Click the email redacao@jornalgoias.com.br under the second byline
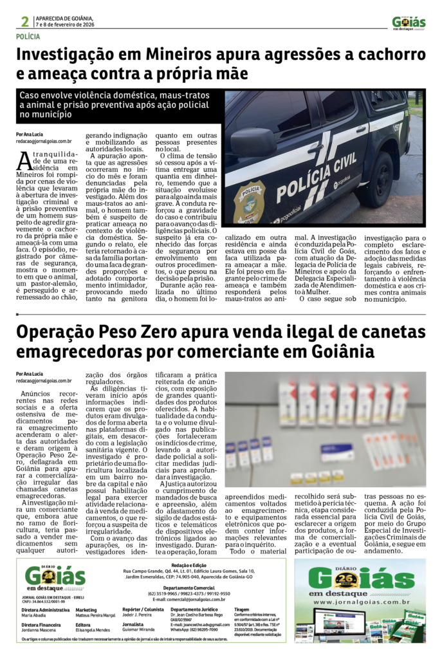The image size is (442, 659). [x=44, y=380]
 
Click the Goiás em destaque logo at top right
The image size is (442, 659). [x=409, y=23]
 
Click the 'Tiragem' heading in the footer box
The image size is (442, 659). [x=242, y=608]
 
